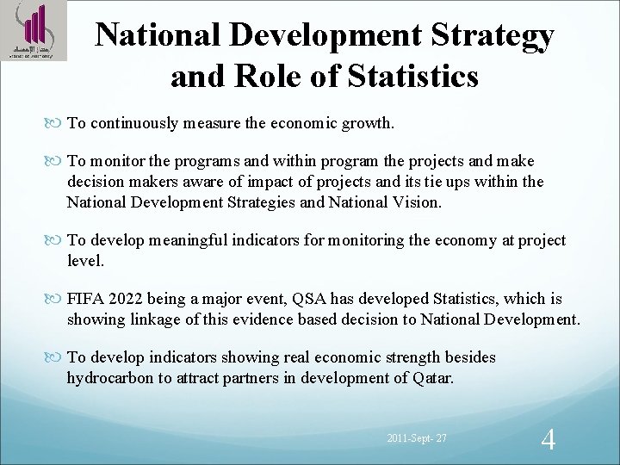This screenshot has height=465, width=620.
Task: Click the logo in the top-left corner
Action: [33, 32]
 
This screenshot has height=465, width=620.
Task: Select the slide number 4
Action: [548, 440]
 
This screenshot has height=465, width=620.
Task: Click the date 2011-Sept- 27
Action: [417, 440]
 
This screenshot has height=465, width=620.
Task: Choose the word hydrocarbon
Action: [108, 378]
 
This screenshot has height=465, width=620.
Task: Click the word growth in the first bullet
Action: [367, 123]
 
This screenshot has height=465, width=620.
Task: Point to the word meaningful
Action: [199, 240]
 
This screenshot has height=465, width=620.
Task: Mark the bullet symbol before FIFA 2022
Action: [58, 300]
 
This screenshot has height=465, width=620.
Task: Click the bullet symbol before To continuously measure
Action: [58, 123]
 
